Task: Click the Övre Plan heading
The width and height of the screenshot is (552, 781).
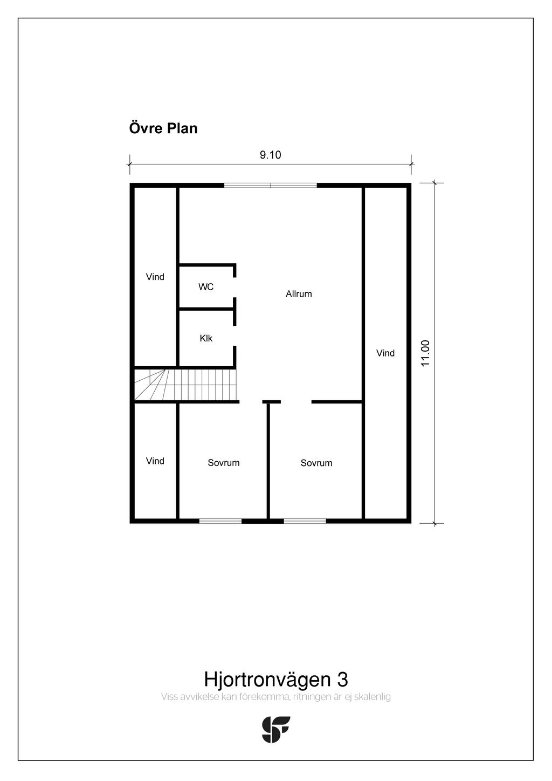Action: pos(163,128)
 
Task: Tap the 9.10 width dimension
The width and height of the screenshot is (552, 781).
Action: pos(270,155)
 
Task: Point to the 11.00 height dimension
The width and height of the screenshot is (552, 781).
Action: pos(425,353)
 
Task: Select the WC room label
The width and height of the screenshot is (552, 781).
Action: pos(206,287)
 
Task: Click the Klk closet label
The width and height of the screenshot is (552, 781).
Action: pos(206,338)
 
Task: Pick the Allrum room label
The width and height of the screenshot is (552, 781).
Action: pos(299,294)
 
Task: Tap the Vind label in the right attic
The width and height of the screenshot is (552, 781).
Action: pos(385,353)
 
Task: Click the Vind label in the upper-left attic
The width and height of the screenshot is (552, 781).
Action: pos(155,277)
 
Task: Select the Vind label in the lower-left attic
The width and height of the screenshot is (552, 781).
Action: pos(155,461)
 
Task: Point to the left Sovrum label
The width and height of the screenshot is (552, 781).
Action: pos(224,463)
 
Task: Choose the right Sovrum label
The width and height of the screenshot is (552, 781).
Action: pos(316,463)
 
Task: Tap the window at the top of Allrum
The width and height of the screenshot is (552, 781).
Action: pos(270,186)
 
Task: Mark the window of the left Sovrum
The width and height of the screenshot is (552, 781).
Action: pos(220,521)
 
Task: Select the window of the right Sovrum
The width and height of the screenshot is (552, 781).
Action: pos(305,521)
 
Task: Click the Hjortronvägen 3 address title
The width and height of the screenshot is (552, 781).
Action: pos(275,679)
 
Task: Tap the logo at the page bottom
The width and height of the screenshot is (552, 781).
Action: pos(276,729)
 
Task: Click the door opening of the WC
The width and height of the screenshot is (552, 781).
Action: pos(234,287)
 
